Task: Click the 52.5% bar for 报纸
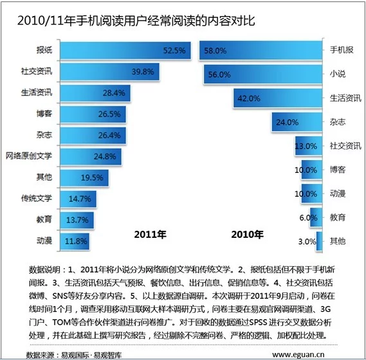(125, 50)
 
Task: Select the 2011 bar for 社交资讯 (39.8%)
(110, 71)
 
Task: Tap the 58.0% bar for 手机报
(261, 50)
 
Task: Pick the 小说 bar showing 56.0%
(263, 75)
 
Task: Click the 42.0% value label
(248, 98)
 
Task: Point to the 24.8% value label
(105, 156)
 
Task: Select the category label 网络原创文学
(29, 156)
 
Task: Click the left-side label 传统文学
(37, 198)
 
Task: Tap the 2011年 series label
(150, 235)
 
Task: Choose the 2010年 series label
(247, 235)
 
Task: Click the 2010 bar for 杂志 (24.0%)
(297, 122)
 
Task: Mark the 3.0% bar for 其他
(319, 241)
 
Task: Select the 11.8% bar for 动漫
(75, 241)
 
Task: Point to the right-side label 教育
(337, 217)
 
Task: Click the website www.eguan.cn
(298, 354)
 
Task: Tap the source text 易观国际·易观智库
(91, 355)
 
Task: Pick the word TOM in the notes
(61, 322)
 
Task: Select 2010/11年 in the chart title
(41, 21)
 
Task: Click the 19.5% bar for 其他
(84, 178)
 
